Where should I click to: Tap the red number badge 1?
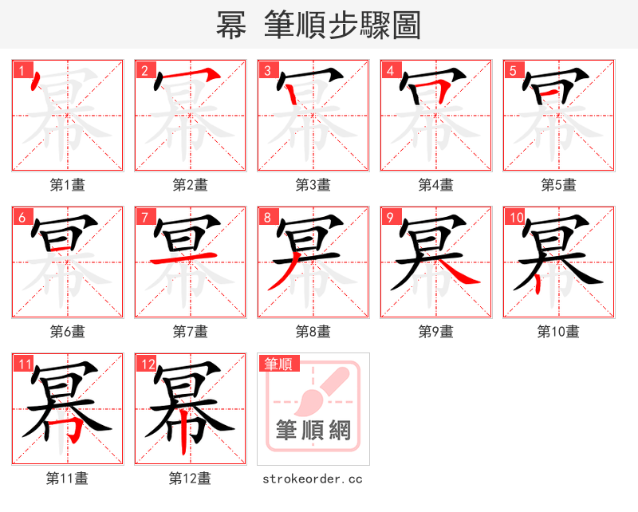pos(22,71)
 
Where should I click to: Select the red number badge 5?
pos(514,71)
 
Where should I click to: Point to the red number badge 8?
pos(268,218)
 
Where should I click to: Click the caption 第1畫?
pos(67,185)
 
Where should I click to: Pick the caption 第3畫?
pos(313,185)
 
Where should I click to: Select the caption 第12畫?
pos(190,479)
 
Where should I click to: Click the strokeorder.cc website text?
pos(313,479)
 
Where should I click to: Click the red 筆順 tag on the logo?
pos(278,364)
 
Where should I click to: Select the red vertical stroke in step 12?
pos(185,435)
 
